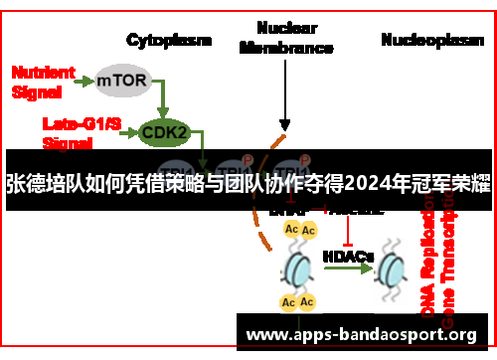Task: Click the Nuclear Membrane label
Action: [x=286, y=38]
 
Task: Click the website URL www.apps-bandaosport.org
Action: [x=361, y=332]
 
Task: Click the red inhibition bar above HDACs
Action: [x=348, y=234]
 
